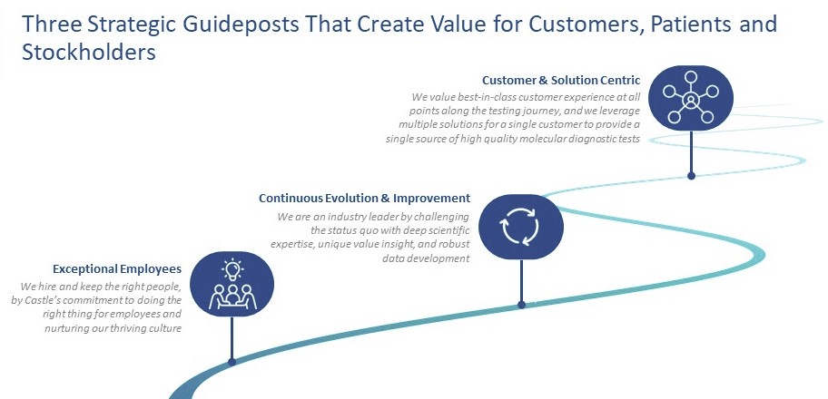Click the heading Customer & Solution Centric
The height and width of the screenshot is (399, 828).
561,80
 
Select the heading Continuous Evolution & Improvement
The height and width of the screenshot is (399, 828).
364,198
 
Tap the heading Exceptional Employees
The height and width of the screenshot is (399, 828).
117,269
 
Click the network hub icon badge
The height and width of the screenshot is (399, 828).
691,98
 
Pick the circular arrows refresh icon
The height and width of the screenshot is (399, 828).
519,227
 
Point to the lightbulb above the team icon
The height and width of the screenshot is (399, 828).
232,269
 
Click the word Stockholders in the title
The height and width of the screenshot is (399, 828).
89,53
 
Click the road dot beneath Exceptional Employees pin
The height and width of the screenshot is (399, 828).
232,362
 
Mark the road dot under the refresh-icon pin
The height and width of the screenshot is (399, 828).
522,305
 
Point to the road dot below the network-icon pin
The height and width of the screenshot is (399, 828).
691,176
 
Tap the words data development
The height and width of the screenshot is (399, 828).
426,258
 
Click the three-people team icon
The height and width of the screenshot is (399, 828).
232,297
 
